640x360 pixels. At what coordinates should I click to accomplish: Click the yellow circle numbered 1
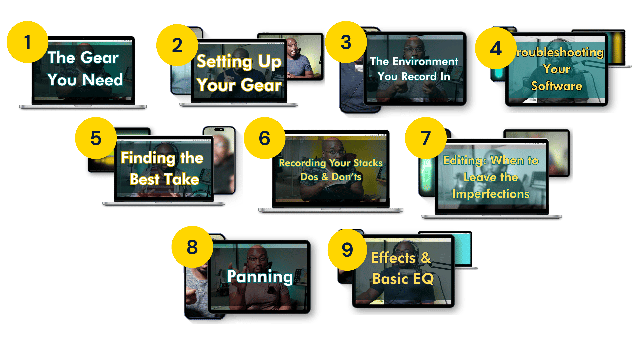tap(27, 42)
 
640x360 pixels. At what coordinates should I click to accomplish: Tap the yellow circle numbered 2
tap(177, 45)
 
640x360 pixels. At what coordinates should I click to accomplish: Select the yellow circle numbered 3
tap(346, 42)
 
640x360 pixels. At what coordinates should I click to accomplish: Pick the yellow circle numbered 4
tap(496, 48)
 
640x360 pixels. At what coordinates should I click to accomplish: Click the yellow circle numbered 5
tap(96, 138)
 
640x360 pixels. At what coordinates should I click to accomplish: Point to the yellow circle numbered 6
tap(264, 138)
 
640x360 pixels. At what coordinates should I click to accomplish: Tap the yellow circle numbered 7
tap(426, 138)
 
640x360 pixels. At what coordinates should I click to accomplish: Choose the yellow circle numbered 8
tap(192, 247)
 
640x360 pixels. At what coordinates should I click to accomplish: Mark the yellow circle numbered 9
tap(347, 250)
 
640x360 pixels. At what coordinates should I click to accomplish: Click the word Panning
tap(260, 277)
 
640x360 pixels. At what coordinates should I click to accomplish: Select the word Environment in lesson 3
tap(425, 61)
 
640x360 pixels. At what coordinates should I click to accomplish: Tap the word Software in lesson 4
tap(556, 86)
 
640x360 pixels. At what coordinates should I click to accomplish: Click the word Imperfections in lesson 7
tap(491, 194)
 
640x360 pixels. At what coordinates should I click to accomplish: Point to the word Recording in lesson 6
tap(302, 163)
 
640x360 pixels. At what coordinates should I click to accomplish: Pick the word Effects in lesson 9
tap(393, 258)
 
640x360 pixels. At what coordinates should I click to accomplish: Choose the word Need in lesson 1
tap(103, 80)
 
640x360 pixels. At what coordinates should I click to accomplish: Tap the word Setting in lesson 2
tap(224, 62)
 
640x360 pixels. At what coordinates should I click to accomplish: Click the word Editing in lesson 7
tap(464, 161)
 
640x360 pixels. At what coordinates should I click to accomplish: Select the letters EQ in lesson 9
tap(423, 279)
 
